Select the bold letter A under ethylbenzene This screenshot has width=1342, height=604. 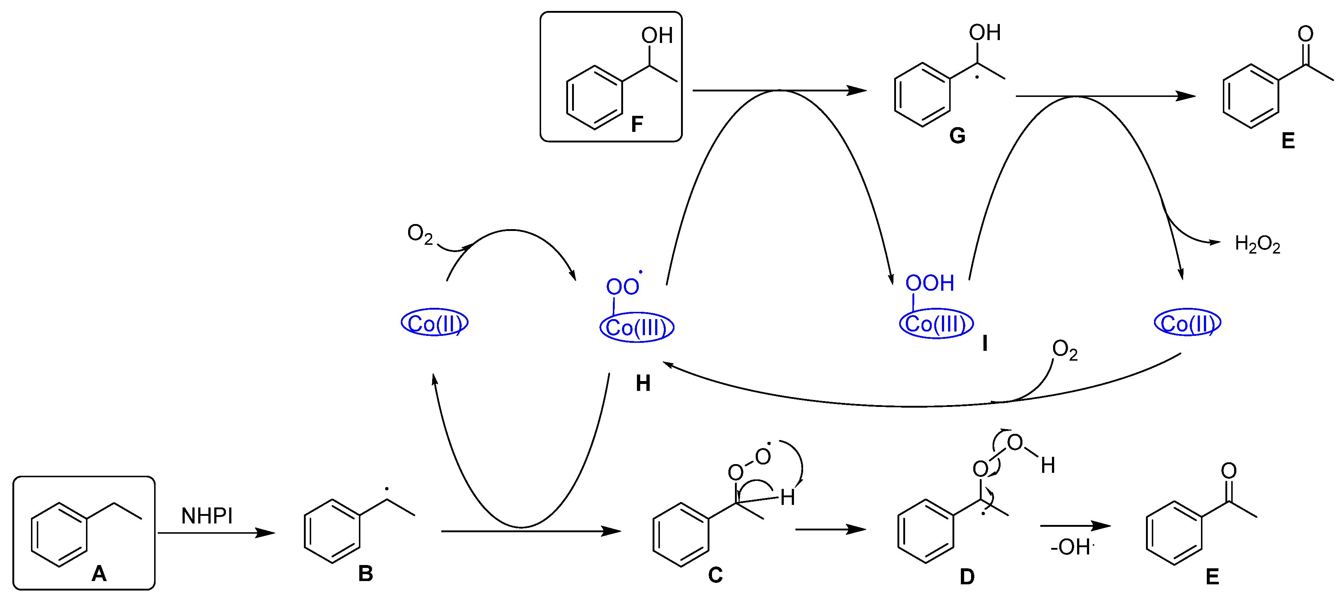[99, 574]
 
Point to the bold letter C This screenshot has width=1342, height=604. [715, 575]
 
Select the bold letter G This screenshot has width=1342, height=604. [957, 136]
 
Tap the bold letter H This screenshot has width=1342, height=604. [643, 384]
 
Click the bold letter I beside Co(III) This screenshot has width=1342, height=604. [985, 344]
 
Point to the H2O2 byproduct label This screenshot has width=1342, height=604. [1257, 244]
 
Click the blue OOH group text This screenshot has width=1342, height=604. [930, 284]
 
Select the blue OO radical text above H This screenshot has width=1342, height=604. [623, 286]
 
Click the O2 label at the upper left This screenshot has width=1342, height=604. [420, 234]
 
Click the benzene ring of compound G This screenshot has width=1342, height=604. [922, 95]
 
